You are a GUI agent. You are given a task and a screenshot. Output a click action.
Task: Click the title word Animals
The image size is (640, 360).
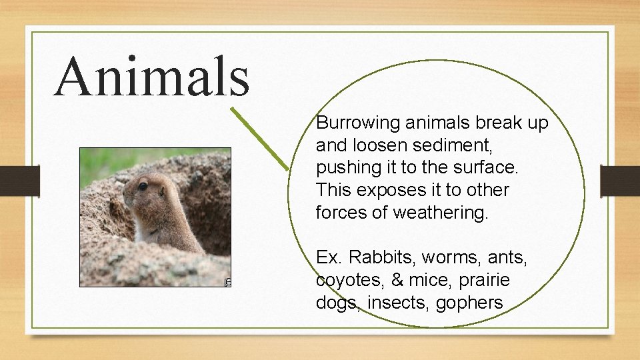click(x=152, y=76)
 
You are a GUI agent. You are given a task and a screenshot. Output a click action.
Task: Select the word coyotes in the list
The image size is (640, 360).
click(x=344, y=280)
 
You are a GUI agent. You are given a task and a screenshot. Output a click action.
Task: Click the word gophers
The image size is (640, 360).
click(x=469, y=303)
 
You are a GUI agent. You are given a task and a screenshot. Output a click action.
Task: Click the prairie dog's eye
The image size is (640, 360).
click(x=143, y=186)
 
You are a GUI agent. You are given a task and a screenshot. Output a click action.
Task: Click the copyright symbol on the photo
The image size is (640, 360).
click(x=227, y=283)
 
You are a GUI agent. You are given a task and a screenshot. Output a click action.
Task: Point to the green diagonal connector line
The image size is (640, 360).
click(x=261, y=139)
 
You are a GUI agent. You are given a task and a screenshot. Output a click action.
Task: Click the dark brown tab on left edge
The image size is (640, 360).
click(x=20, y=181)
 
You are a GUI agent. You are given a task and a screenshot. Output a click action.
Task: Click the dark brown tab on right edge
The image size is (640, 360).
click(x=620, y=181)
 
